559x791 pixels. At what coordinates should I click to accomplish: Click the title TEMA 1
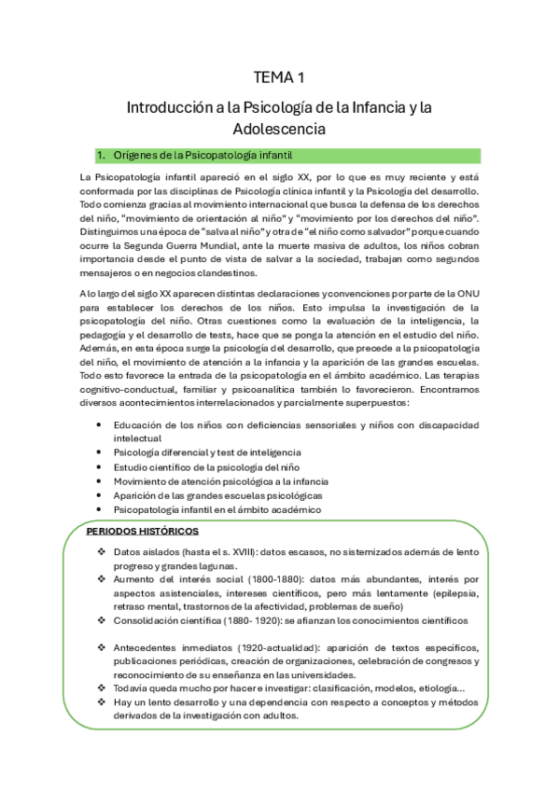tap(279, 77)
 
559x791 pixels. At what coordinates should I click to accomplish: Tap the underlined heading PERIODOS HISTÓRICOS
tap(142, 532)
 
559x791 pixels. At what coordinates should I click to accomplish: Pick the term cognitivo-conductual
tap(125, 362)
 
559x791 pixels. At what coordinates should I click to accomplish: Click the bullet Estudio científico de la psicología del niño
tap(217, 465)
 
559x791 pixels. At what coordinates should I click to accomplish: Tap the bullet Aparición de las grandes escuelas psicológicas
tap(217, 494)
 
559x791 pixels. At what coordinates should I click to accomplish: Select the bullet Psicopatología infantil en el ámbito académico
tap(217, 509)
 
